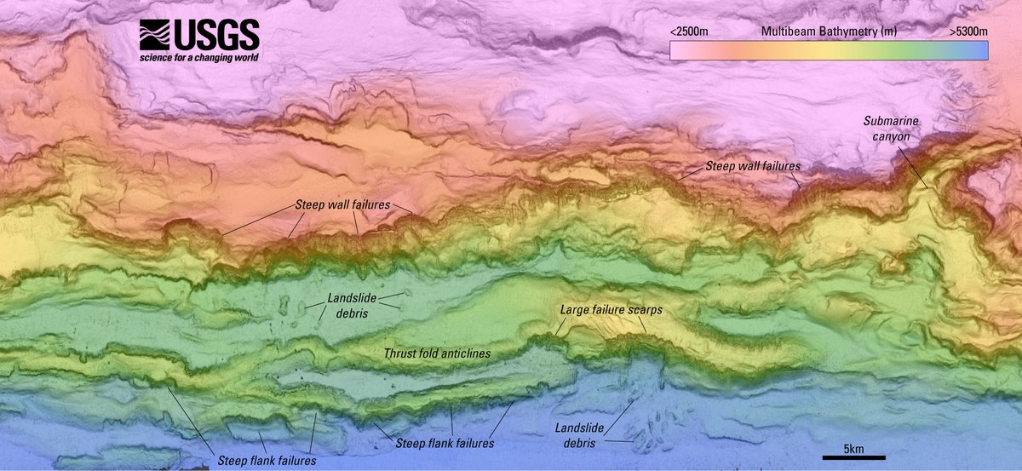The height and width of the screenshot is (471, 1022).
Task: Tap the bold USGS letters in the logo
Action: [x=215, y=36]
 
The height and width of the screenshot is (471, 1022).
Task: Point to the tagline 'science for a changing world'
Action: [x=198, y=58]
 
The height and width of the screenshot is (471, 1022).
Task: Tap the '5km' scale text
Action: [x=854, y=449]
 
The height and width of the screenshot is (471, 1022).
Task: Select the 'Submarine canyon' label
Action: [x=891, y=128]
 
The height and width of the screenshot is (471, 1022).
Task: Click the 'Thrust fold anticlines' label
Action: [x=437, y=353]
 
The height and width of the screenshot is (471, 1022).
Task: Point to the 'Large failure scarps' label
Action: [x=611, y=310]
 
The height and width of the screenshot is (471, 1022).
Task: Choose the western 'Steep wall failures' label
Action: [x=342, y=205]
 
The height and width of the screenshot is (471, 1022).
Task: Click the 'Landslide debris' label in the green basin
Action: [x=350, y=306]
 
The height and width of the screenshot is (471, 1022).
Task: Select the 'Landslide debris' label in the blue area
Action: [x=577, y=435]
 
